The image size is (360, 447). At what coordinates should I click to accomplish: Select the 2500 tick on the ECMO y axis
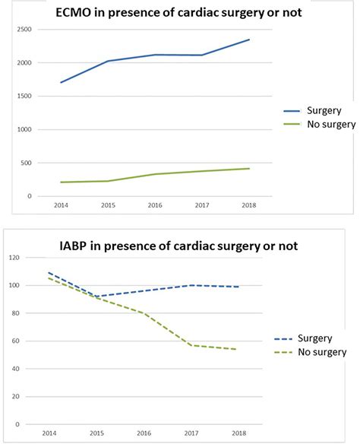25,29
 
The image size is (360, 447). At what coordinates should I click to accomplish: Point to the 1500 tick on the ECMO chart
25,96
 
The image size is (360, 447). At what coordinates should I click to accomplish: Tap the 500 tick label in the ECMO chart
27,163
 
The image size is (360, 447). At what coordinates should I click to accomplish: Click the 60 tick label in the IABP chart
16,341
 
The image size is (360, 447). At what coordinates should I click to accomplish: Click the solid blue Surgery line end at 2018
249,40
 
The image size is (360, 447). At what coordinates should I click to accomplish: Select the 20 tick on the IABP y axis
16,396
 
